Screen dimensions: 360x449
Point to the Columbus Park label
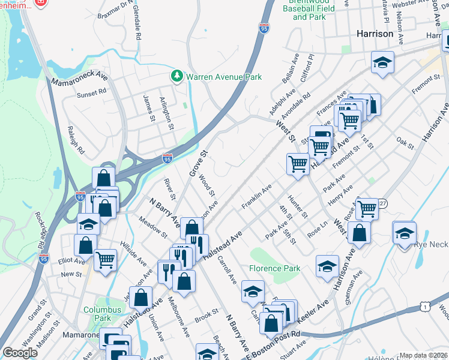[x=102, y=313]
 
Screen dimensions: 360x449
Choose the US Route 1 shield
[x=426, y=307]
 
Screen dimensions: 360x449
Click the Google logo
[x=20, y=352]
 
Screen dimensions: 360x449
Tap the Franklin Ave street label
[x=256, y=197]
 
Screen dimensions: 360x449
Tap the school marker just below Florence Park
[x=327, y=266]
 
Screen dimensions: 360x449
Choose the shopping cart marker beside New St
[x=105, y=260]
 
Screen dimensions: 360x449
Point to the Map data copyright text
[x=423, y=355]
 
